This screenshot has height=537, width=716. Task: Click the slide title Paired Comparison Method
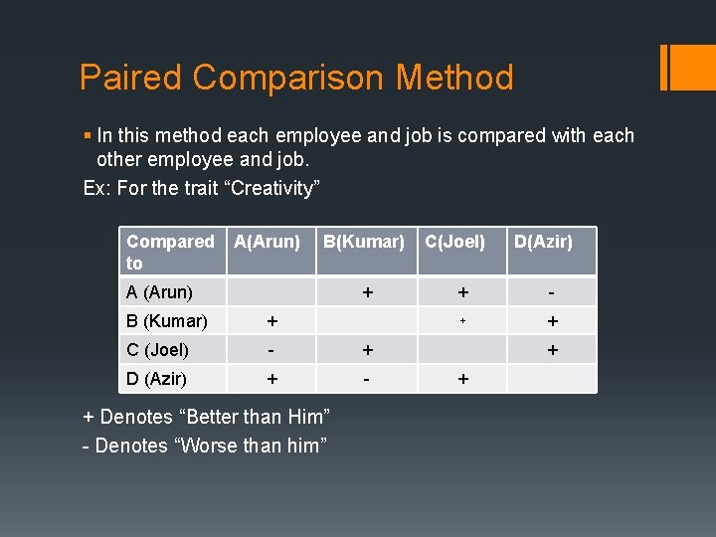(296, 78)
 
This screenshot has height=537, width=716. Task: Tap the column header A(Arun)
(267, 242)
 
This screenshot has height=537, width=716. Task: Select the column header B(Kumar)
(364, 242)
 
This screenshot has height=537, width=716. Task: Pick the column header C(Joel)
(454, 242)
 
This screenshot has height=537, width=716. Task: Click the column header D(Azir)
(542, 242)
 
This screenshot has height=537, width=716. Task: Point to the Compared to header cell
(170, 252)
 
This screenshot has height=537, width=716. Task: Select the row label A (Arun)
(159, 292)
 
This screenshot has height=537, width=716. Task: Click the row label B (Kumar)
(166, 321)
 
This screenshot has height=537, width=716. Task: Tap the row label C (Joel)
(158, 350)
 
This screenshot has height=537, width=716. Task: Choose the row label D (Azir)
(157, 379)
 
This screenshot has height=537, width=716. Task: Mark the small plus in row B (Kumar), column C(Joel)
(461, 321)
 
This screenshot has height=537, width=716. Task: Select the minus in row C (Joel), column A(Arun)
(271, 350)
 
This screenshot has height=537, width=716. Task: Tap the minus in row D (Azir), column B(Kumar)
(368, 379)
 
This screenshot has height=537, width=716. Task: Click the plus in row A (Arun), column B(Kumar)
(368, 292)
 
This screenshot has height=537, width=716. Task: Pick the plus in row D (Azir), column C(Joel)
(461, 379)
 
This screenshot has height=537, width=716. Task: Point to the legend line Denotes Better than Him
(206, 417)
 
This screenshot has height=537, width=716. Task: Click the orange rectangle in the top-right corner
(687, 67)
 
